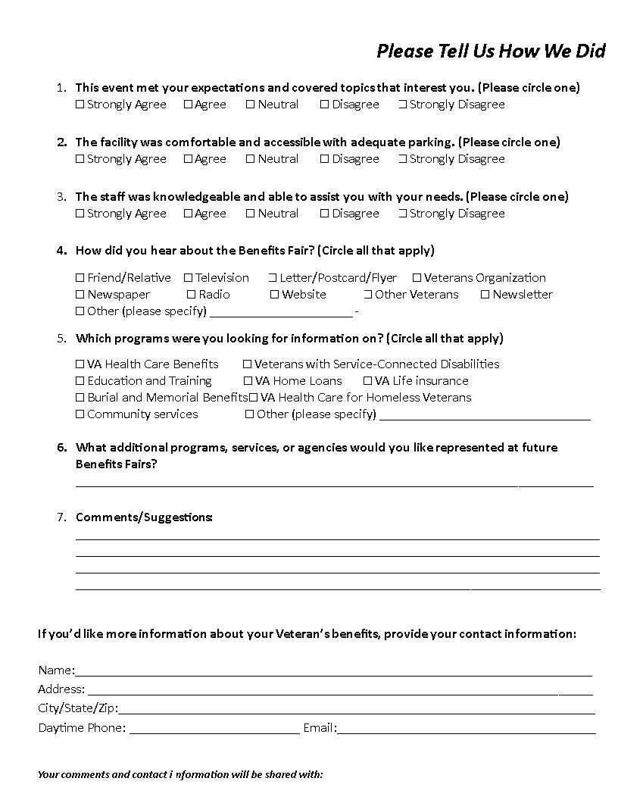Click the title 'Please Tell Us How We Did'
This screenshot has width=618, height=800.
[x=491, y=51]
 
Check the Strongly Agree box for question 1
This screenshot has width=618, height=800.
[x=80, y=105]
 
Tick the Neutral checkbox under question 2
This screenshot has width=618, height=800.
[x=250, y=159]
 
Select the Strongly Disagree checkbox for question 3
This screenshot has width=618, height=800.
[x=403, y=214]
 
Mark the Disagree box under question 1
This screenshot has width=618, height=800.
[x=324, y=105]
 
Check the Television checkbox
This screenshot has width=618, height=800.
[x=189, y=278]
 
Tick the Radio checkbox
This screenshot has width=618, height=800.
[x=192, y=295]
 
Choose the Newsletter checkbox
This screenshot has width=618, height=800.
[x=485, y=295]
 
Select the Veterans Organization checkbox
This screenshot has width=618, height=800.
[x=417, y=278]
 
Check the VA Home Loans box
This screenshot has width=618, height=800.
[x=248, y=381]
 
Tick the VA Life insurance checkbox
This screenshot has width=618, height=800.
[x=367, y=381]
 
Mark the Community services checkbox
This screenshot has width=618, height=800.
[x=80, y=414]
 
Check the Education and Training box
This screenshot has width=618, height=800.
[x=80, y=381]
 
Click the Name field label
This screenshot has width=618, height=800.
[x=56, y=670]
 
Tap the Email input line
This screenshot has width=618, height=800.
[x=466, y=729]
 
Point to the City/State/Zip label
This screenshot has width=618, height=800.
[x=78, y=708]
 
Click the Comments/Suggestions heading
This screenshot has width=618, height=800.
[x=144, y=517]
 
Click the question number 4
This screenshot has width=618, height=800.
[x=61, y=251]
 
